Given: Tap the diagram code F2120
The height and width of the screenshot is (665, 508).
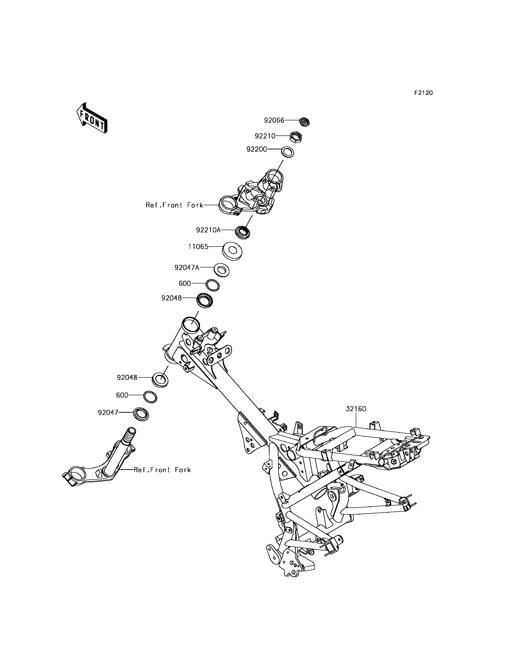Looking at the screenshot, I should pyautogui.click(x=423, y=93).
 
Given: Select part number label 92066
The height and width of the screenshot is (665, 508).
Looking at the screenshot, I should pyautogui.click(x=274, y=120).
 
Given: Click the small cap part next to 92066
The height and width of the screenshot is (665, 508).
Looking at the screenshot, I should pyautogui.click(x=305, y=122).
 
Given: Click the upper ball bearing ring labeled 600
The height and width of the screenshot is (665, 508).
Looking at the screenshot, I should pyautogui.click(x=212, y=285).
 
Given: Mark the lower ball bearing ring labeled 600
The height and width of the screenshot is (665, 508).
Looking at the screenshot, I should pyautogui.click(x=150, y=397).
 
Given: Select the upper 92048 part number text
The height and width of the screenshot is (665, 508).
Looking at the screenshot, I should pyautogui.click(x=171, y=298).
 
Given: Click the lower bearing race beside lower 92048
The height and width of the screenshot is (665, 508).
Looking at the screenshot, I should pyautogui.click(x=160, y=379).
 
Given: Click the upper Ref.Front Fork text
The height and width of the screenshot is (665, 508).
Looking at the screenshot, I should pyautogui.click(x=174, y=205).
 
